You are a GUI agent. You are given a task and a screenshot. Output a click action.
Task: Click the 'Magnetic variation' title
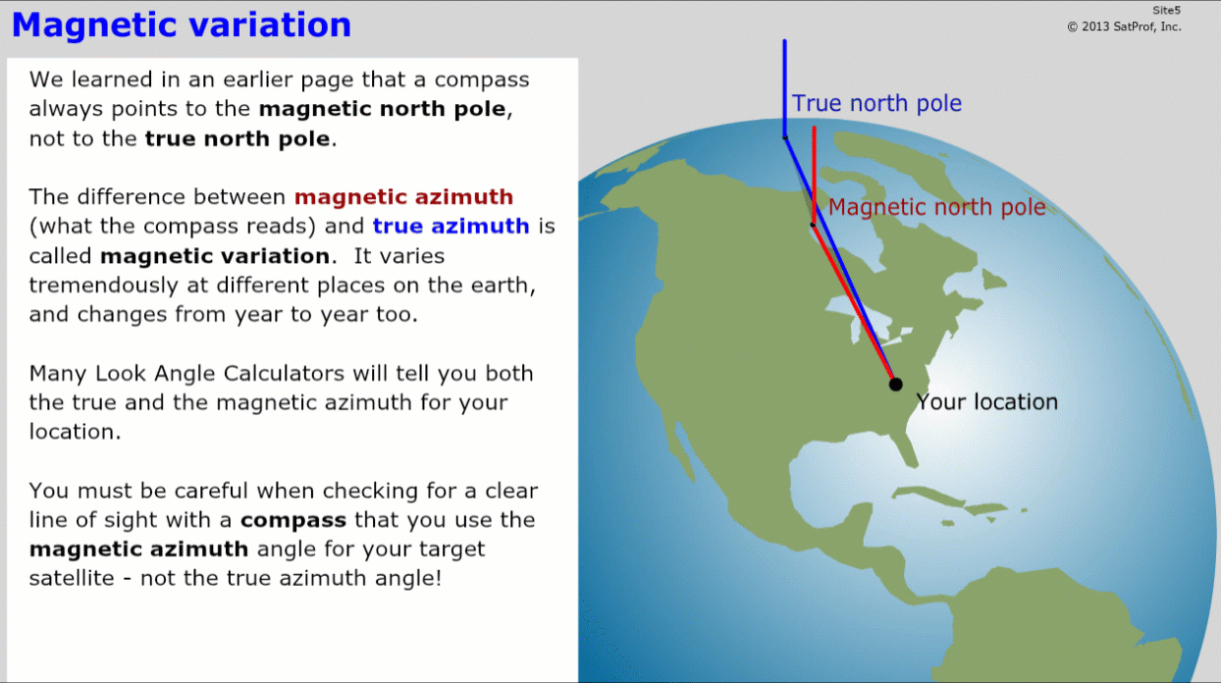[x=182, y=26]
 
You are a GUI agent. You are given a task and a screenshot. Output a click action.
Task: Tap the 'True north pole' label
[x=876, y=103]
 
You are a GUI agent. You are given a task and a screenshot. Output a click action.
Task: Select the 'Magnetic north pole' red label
[x=937, y=207]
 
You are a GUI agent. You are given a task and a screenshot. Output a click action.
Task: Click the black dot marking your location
[x=895, y=385]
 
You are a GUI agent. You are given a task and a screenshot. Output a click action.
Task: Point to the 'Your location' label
[x=987, y=402]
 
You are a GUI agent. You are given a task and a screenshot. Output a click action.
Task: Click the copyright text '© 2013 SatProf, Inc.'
[x=1124, y=26]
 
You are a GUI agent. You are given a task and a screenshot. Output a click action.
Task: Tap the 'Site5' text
[x=1166, y=11]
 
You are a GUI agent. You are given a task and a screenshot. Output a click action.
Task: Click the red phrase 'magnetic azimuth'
[x=404, y=197]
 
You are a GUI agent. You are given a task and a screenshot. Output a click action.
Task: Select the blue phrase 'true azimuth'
[x=451, y=227]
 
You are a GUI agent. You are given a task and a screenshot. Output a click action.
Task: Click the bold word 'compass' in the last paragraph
[x=293, y=520]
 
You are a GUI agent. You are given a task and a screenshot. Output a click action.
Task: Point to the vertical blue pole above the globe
[x=785, y=88]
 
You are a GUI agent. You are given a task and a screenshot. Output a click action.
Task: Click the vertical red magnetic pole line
[x=814, y=175]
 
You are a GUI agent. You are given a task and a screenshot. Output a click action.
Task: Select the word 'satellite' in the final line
[x=72, y=578]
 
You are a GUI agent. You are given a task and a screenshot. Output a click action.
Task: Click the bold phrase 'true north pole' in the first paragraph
[x=238, y=139]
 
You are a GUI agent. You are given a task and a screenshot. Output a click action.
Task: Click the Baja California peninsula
[x=685, y=452]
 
